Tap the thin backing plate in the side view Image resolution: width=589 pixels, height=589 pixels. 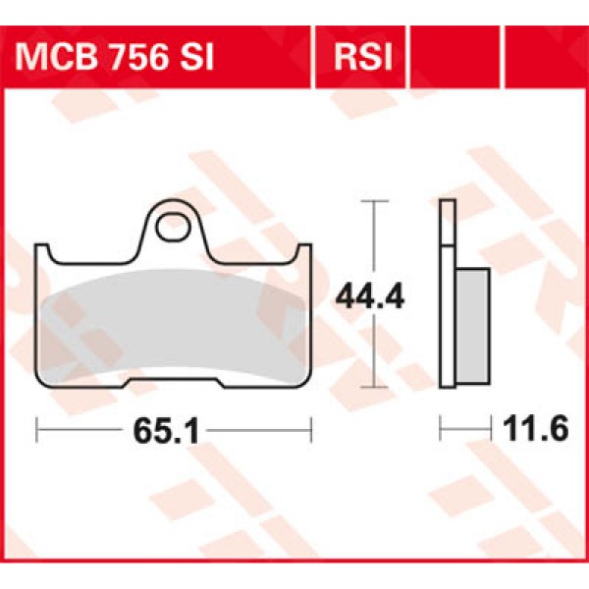(448, 294)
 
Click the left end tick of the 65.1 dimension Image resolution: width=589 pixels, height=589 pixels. (36, 429)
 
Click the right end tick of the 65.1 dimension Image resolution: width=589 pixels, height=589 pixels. (311, 429)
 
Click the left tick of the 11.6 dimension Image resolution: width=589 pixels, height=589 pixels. (441, 428)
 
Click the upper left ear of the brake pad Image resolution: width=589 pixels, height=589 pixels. (44, 252)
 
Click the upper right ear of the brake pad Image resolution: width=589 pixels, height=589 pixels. (303, 252)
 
